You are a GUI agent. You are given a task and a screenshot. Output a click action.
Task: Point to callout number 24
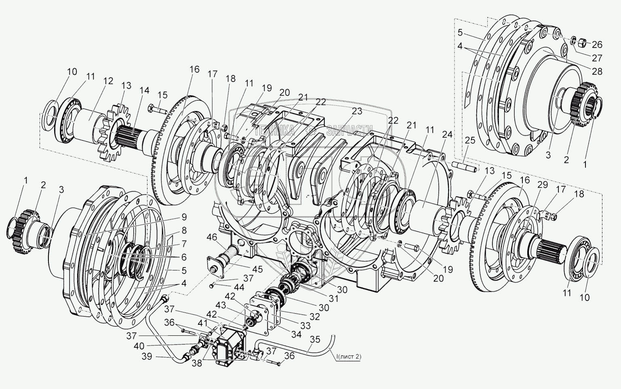pos(447,135)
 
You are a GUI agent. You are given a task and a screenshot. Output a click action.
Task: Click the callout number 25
pos(470,141)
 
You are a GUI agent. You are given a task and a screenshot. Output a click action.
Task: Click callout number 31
pos(334,299)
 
